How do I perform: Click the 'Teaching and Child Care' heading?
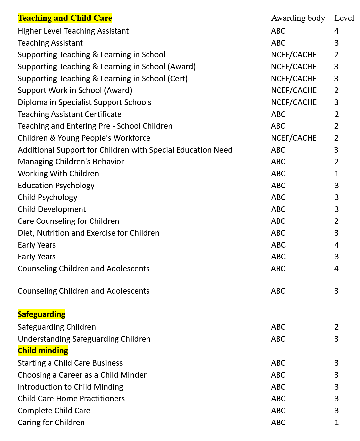point(65,18)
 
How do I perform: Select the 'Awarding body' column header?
point(298,18)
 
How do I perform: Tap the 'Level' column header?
point(344,18)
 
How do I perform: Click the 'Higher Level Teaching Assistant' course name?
point(73,31)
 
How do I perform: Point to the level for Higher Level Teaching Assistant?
point(336,31)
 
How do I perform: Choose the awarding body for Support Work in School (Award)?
point(294,90)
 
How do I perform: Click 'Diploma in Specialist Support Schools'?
point(84,102)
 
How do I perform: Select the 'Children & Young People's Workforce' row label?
point(84,138)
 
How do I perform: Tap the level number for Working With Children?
point(336,174)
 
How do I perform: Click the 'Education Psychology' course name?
point(56,186)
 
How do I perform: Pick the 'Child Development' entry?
point(52,209)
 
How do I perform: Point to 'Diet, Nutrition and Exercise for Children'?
point(88,233)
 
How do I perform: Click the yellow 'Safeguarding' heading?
point(42,314)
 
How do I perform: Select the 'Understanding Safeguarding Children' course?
point(84,339)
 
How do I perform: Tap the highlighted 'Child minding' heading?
point(43,351)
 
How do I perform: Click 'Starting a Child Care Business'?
point(70,363)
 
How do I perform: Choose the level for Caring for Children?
point(336,423)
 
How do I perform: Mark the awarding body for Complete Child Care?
point(278,411)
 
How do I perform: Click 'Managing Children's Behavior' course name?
point(71,162)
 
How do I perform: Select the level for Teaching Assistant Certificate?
point(336,114)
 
